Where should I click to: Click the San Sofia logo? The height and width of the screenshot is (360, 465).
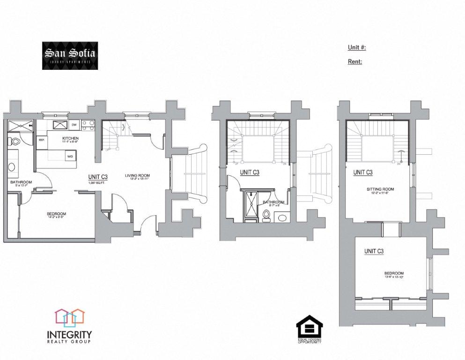click(x=70, y=56)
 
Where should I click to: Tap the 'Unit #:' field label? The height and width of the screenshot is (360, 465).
click(x=356, y=47)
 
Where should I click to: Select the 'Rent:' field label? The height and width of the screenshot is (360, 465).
click(x=355, y=61)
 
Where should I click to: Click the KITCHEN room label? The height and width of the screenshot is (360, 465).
click(x=71, y=139)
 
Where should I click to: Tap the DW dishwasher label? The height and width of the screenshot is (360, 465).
click(x=74, y=125)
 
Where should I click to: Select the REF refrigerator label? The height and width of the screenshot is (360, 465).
click(x=41, y=140)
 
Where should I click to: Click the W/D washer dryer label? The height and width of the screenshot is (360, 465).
click(x=70, y=156)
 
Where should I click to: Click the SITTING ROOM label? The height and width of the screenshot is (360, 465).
click(x=380, y=189)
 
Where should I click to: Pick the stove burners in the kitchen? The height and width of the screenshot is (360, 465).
click(x=88, y=125)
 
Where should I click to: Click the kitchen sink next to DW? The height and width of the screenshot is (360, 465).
click(x=60, y=125)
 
